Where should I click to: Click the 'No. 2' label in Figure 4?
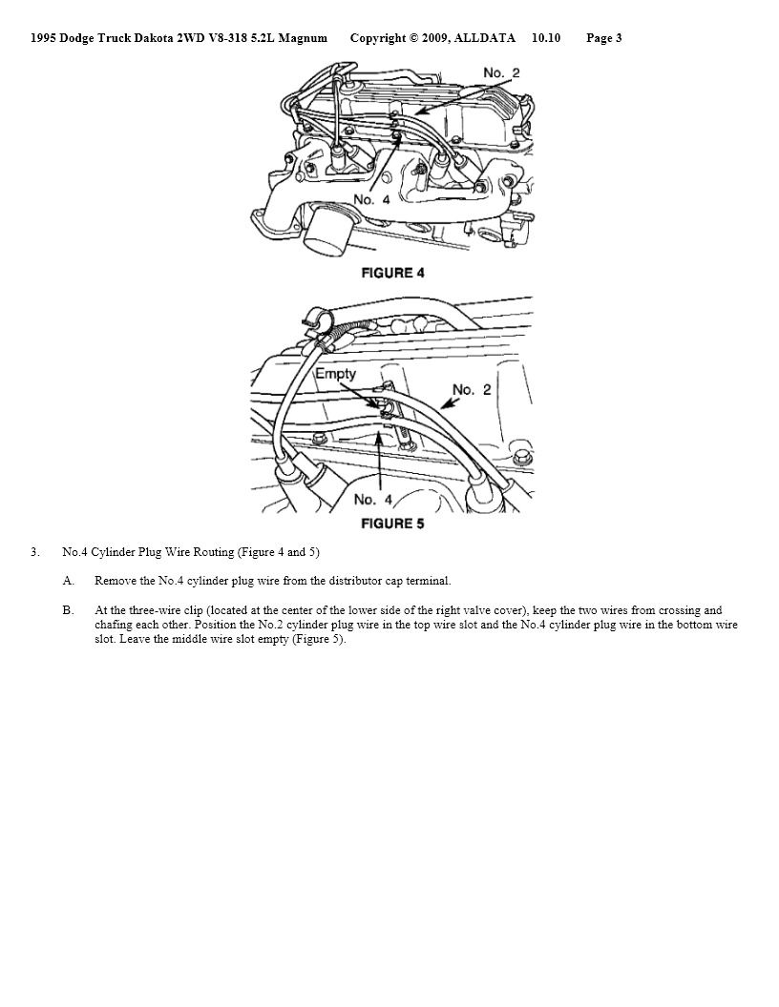[501, 73]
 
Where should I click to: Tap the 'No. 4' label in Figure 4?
[371, 199]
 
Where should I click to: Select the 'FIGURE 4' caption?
[392, 273]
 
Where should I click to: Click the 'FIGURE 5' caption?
[392, 524]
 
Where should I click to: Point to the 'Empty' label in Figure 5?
[335, 374]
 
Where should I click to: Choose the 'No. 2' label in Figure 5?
[472, 389]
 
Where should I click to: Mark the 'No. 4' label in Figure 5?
[372, 500]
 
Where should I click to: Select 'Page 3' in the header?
[604, 38]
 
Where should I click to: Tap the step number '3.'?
[34, 552]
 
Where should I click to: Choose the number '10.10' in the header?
[546, 38]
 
